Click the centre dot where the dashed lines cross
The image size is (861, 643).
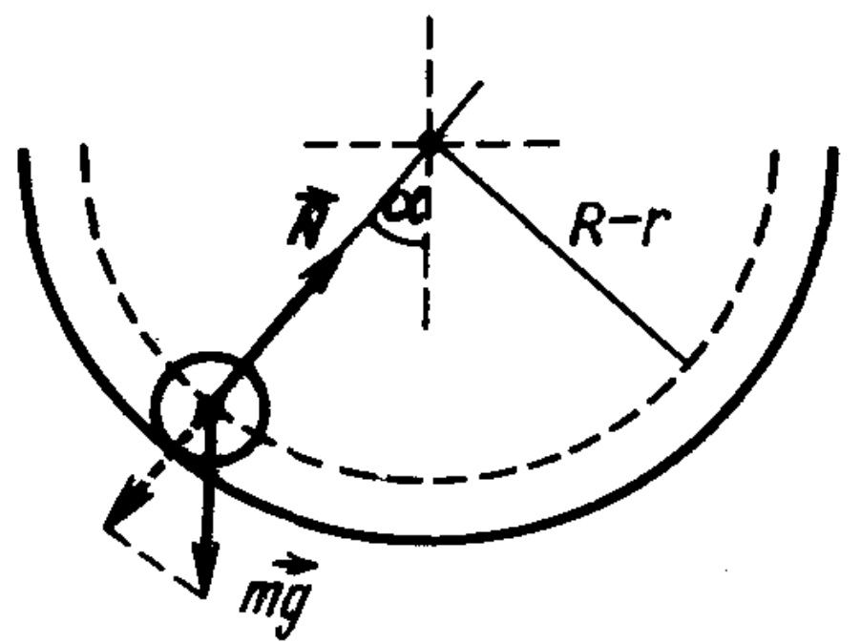tap(429, 143)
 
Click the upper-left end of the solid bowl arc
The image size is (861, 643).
tap(21, 151)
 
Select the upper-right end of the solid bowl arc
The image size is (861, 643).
tap(836, 151)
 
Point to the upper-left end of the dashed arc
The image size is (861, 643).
tap(84, 145)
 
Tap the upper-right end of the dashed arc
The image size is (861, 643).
tap(773, 145)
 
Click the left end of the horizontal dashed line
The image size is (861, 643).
tap(304, 143)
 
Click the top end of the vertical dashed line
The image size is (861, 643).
tap(429, 17)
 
